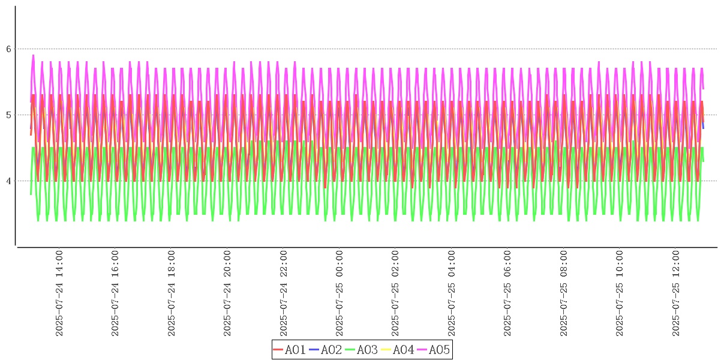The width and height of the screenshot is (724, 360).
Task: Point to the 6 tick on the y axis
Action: tap(9, 49)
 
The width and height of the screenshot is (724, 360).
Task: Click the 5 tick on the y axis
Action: tap(9, 115)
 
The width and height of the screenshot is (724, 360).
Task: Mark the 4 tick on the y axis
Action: tap(9, 181)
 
